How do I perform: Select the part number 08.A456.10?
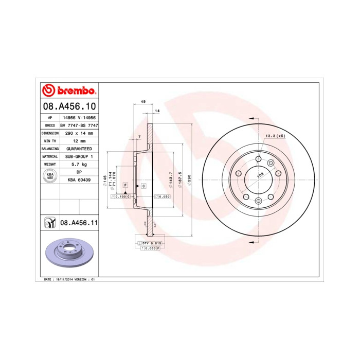(x=68, y=107)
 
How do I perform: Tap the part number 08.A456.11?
(x=79, y=223)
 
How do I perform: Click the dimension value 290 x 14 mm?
(x=79, y=133)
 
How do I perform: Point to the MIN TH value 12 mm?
(x=79, y=140)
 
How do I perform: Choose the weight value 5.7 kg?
(x=79, y=164)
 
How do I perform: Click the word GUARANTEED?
(x=79, y=148)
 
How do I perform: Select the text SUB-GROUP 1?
(x=79, y=156)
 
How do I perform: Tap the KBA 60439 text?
(x=79, y=180)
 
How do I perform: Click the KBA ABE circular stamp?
(x=50, y=176)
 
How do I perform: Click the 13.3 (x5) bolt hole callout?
(x=274, y=136)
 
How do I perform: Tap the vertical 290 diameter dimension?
(x=189, y=179)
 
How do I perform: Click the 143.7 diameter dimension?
(x=170, y=179)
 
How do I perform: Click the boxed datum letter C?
(x=143, y=185)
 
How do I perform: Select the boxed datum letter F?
(x=125, y=184)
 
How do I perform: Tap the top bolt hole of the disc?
(x=258, y=158)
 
